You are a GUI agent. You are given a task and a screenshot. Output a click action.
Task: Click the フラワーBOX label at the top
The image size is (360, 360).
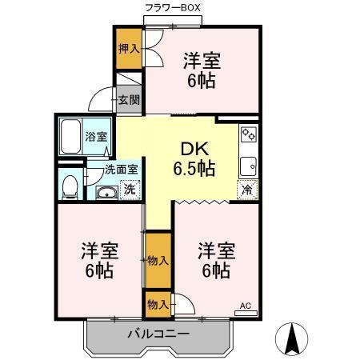click(x=172, y=7)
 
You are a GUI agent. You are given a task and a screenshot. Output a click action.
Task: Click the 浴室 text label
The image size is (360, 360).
click(x=97, y=137)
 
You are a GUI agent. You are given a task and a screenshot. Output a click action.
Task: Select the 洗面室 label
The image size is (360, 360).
click(x=122, y=170)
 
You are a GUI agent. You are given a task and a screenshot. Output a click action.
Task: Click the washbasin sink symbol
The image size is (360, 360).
click(x=105, y=191)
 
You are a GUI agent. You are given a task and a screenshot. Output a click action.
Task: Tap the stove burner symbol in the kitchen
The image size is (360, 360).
click(x=248, y=134)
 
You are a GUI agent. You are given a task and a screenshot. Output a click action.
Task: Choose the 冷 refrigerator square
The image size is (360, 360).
click(x=247, y=190)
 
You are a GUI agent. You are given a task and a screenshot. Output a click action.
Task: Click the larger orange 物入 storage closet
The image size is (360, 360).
click(x=158, y=260)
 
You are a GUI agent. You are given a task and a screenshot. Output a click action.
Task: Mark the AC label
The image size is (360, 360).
click(x=246, y=305)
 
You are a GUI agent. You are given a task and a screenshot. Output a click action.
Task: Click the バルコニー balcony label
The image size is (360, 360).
click(x=157, y=334)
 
